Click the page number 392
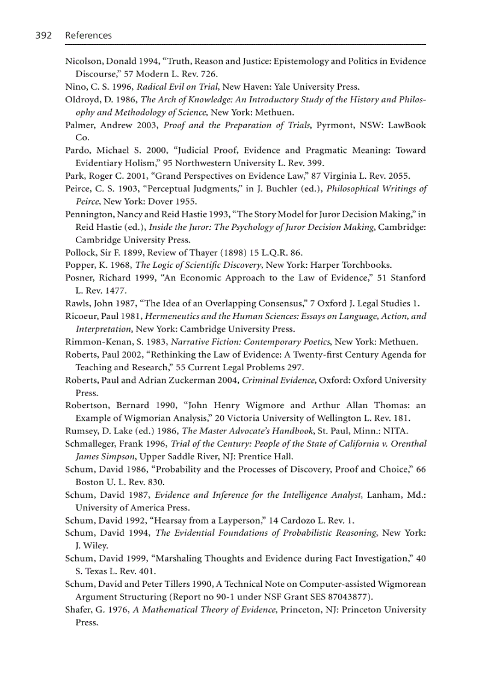(43, 36)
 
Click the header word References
(88, 36)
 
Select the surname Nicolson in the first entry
(84, 61)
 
